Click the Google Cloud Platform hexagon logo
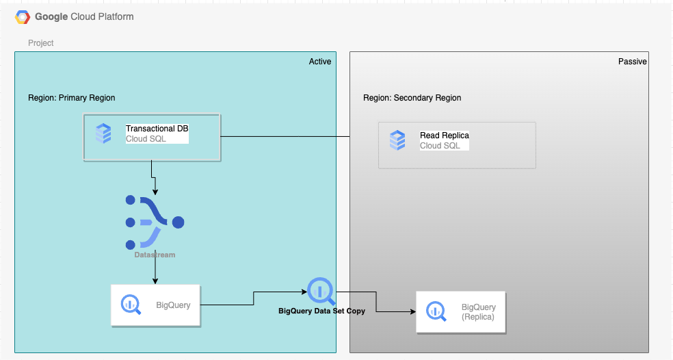pos(23,16)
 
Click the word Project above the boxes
pos(41,43)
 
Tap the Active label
pos(319,62)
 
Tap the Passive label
pos(632,62)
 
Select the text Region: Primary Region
pos(71,98)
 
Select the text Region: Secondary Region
pos(412,98)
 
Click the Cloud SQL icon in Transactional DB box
pos(103,133)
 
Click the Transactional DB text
pos(157,129)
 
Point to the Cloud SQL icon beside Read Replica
pos(397,140)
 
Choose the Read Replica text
pos(444,136)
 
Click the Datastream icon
pos(155,222)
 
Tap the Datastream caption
pos(155,255)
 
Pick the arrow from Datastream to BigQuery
pos(155,270)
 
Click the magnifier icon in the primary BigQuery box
pos(131,305)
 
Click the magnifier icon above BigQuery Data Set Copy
pos(321,292)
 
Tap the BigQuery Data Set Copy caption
pos(321,311)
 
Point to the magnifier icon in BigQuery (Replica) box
pos(436,311)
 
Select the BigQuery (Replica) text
pos(478,312)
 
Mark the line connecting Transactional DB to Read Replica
pos(285,137)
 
